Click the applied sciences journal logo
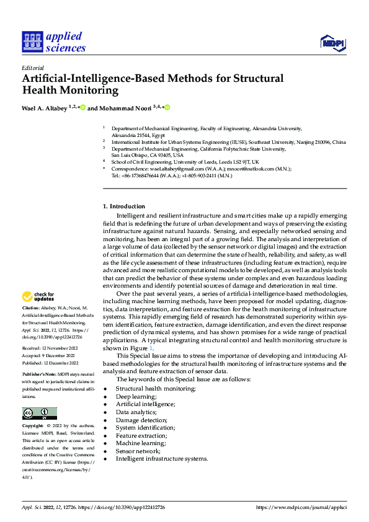point(53,42)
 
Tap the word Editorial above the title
point(32,68)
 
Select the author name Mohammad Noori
point(127,108)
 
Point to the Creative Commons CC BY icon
point(39,414)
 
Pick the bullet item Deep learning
point(136,396)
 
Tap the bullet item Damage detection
point(141,420)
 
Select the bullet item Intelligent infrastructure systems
point(161,459)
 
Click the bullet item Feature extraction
point(141,436)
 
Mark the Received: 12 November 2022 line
point(53,349)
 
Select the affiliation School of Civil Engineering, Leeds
point(182,161)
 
